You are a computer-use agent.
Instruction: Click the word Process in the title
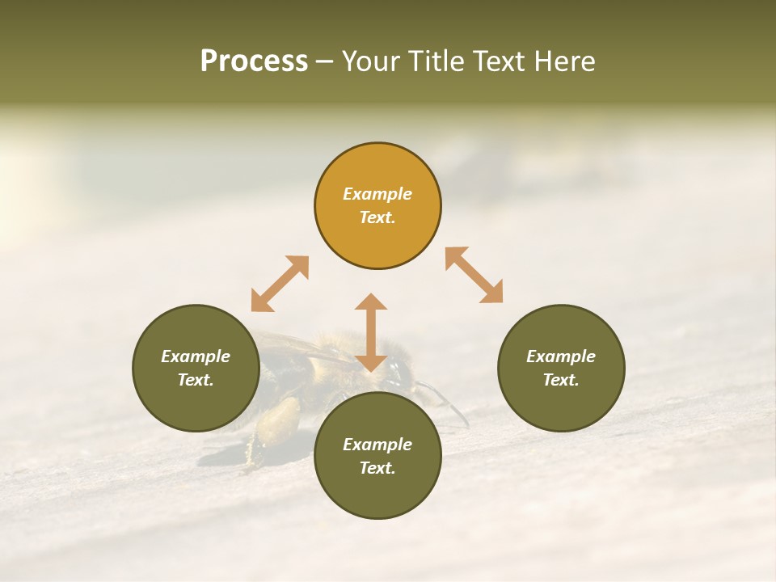point(254,61)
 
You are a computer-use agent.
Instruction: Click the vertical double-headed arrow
point(371,332)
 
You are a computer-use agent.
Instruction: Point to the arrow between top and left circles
point(280,284)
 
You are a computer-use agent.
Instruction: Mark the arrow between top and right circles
point(474,275)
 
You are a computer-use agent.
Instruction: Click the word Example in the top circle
point(377,194)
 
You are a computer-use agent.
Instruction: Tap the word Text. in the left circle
point(196,380)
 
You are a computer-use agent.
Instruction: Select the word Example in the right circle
point(561,356)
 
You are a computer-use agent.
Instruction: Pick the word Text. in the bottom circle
point(377,468)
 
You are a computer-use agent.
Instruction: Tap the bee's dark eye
point(398,373)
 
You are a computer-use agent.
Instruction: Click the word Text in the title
point(500,61)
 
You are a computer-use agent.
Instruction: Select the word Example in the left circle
point(196,356)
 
